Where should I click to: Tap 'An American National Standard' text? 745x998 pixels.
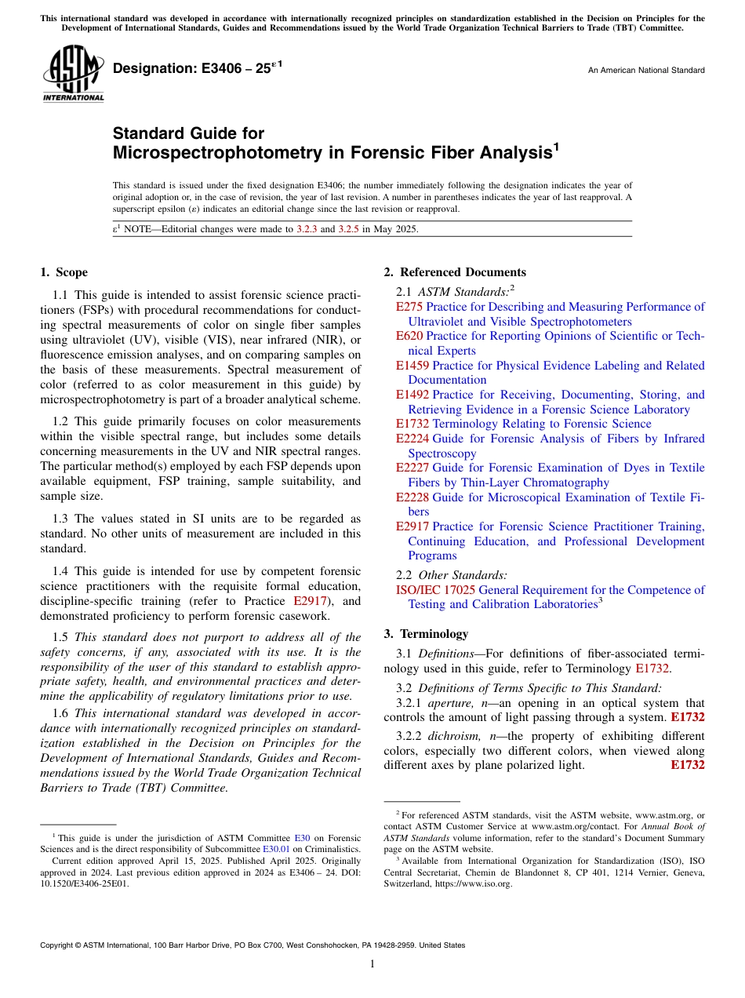pyautogui.click(x=645, y=71)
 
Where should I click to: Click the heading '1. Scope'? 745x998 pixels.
pyautogui.click(x=64, y=272)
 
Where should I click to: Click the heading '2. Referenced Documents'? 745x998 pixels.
pyautogui.click(x=455, y=272)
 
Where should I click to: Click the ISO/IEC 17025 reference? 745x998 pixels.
pyautogui.click(x=435, y=590)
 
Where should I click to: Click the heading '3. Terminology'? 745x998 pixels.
pyautogui.click(x=426, y=634)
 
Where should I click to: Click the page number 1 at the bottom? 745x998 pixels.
pyautogui.click(x=372, y=964)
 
